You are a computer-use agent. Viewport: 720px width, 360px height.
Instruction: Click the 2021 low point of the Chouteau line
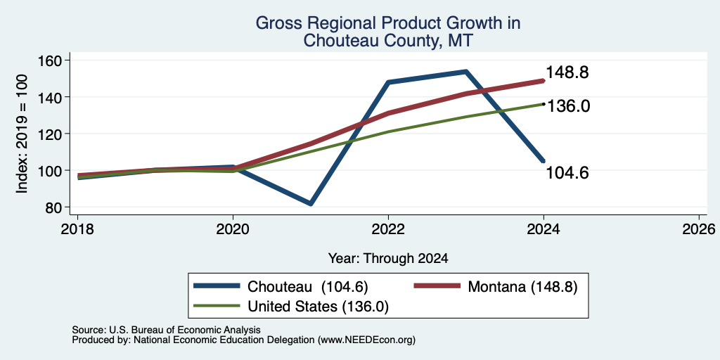(311, 203)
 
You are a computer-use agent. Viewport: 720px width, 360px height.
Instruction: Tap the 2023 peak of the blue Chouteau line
(465, 72)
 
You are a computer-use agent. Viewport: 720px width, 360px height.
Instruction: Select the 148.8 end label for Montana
(567, 72)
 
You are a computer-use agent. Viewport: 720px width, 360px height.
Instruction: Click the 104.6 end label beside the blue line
(567, 173)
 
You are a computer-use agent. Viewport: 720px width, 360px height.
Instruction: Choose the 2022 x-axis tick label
(388, 229)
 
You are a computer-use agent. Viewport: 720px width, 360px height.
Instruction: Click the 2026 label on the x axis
(699, 229)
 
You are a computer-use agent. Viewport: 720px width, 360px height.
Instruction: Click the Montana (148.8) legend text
(522, 287)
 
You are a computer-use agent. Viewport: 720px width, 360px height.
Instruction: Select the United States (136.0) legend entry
(318, 307)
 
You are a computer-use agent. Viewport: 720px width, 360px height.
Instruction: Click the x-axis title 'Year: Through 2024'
(388, 259)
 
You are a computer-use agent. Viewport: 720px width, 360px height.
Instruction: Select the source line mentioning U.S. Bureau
(166, 330)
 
